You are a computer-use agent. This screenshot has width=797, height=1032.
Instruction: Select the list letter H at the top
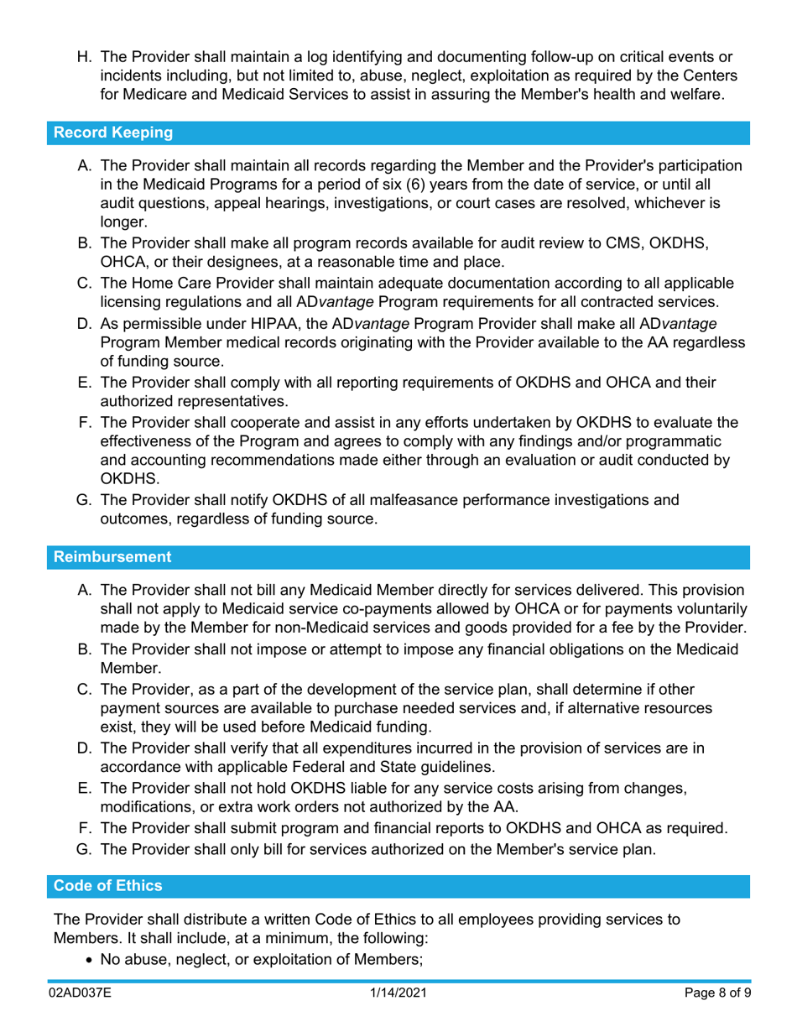pyautogui.click(x=84, y=58)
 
